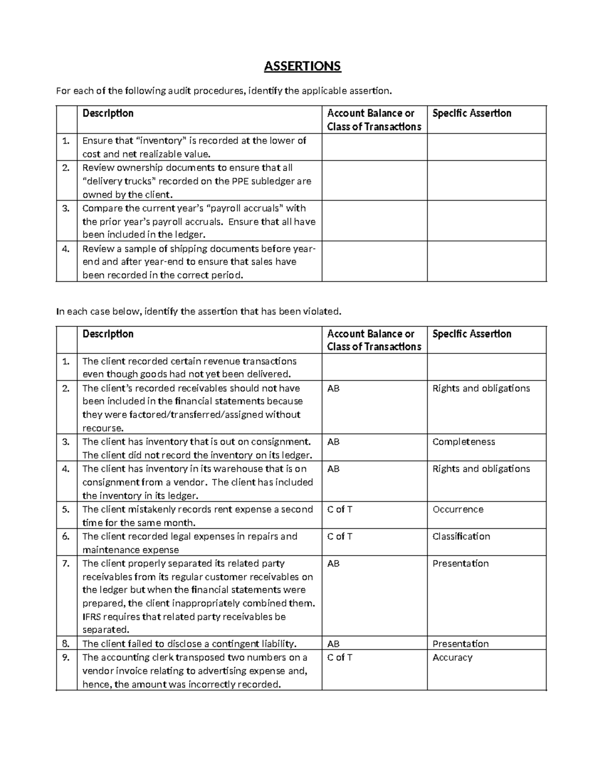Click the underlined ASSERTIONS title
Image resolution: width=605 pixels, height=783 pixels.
[302, 66]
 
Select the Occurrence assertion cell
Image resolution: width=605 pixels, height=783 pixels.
[458, 509]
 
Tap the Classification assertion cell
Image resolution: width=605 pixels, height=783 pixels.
[461, 536]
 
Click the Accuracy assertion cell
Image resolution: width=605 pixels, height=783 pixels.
[452, 657]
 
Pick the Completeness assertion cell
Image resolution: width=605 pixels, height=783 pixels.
[463, 442]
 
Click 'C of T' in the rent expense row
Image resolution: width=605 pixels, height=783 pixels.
[340, 509]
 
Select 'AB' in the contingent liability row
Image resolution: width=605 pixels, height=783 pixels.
[333, 644]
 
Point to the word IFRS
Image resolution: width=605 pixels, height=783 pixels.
[91, 617]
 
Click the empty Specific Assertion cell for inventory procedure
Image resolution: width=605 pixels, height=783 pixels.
[487, 147]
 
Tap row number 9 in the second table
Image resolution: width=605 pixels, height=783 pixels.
[66, 657]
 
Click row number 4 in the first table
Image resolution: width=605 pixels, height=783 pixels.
[66, 249]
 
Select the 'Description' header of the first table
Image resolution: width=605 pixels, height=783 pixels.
[108, 113]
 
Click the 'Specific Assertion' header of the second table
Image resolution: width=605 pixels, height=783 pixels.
[472, 334]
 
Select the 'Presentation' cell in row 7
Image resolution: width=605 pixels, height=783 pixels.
[460, 563]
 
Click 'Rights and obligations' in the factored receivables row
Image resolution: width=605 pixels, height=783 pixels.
[481, 388]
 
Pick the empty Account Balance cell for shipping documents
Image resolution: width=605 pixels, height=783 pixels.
[374, 261]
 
